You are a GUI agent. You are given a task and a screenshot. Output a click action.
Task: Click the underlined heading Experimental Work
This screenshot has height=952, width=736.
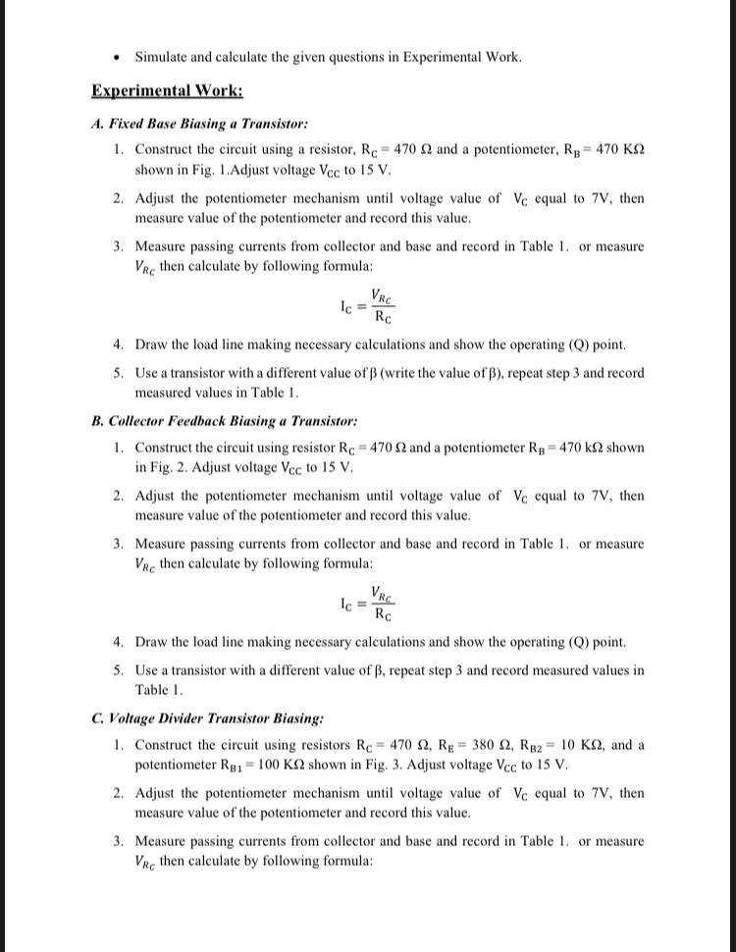tap(167, 91)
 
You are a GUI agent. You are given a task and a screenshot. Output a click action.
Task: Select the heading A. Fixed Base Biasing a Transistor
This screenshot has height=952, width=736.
tap(200, 124)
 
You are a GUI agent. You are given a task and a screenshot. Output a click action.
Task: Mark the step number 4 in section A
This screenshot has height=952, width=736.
tap(117, 344)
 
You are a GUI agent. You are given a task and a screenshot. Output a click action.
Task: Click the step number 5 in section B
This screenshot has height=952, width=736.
tap(117, 670)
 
